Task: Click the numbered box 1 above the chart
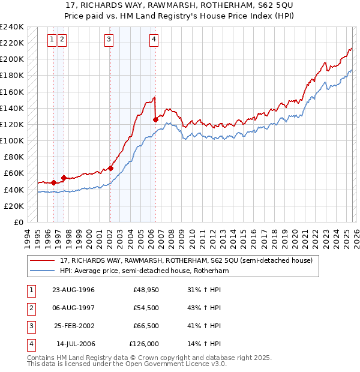click(52, 40)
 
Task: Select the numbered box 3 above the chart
click(109, 40)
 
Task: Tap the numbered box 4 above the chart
click(154, 40)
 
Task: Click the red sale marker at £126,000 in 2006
click(156, 119)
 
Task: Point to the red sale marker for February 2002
click(110, 168)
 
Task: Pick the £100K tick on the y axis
click(12, 140)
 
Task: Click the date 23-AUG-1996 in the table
click(73, 290)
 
